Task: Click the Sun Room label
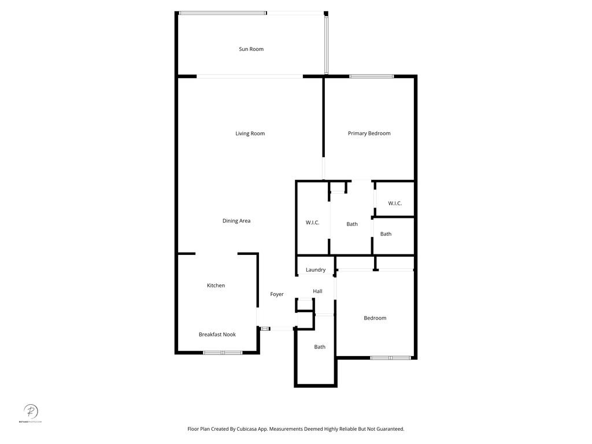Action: (x=251, y=49)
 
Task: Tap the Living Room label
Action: (x=250, y=134)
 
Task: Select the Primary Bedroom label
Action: (x=369, y=134)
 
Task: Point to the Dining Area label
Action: (x=236, y=221)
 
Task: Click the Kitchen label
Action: (x=216, y=286)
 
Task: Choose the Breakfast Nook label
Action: (x=217, y=335)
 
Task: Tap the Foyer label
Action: (x=277, y=294)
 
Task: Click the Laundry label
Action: (x=316, y=270)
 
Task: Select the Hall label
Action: (x=317, y=291)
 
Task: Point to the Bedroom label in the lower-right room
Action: (x=375, y=318)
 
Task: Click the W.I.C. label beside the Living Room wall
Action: (x=312, y=223)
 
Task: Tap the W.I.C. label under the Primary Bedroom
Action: (x=395, y=203)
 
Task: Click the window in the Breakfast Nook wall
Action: (x=223, y=352)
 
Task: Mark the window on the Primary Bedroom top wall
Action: (x=371, y=76)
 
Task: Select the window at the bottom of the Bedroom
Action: (x=390, y=358)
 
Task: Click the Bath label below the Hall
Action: (x=320, y=347)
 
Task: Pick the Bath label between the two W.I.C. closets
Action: (x=352, y=224)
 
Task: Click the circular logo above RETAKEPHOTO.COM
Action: (x=31, y=412)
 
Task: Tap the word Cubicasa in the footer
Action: (x=249, y=429)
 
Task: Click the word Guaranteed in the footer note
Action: (x=388, y=429)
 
